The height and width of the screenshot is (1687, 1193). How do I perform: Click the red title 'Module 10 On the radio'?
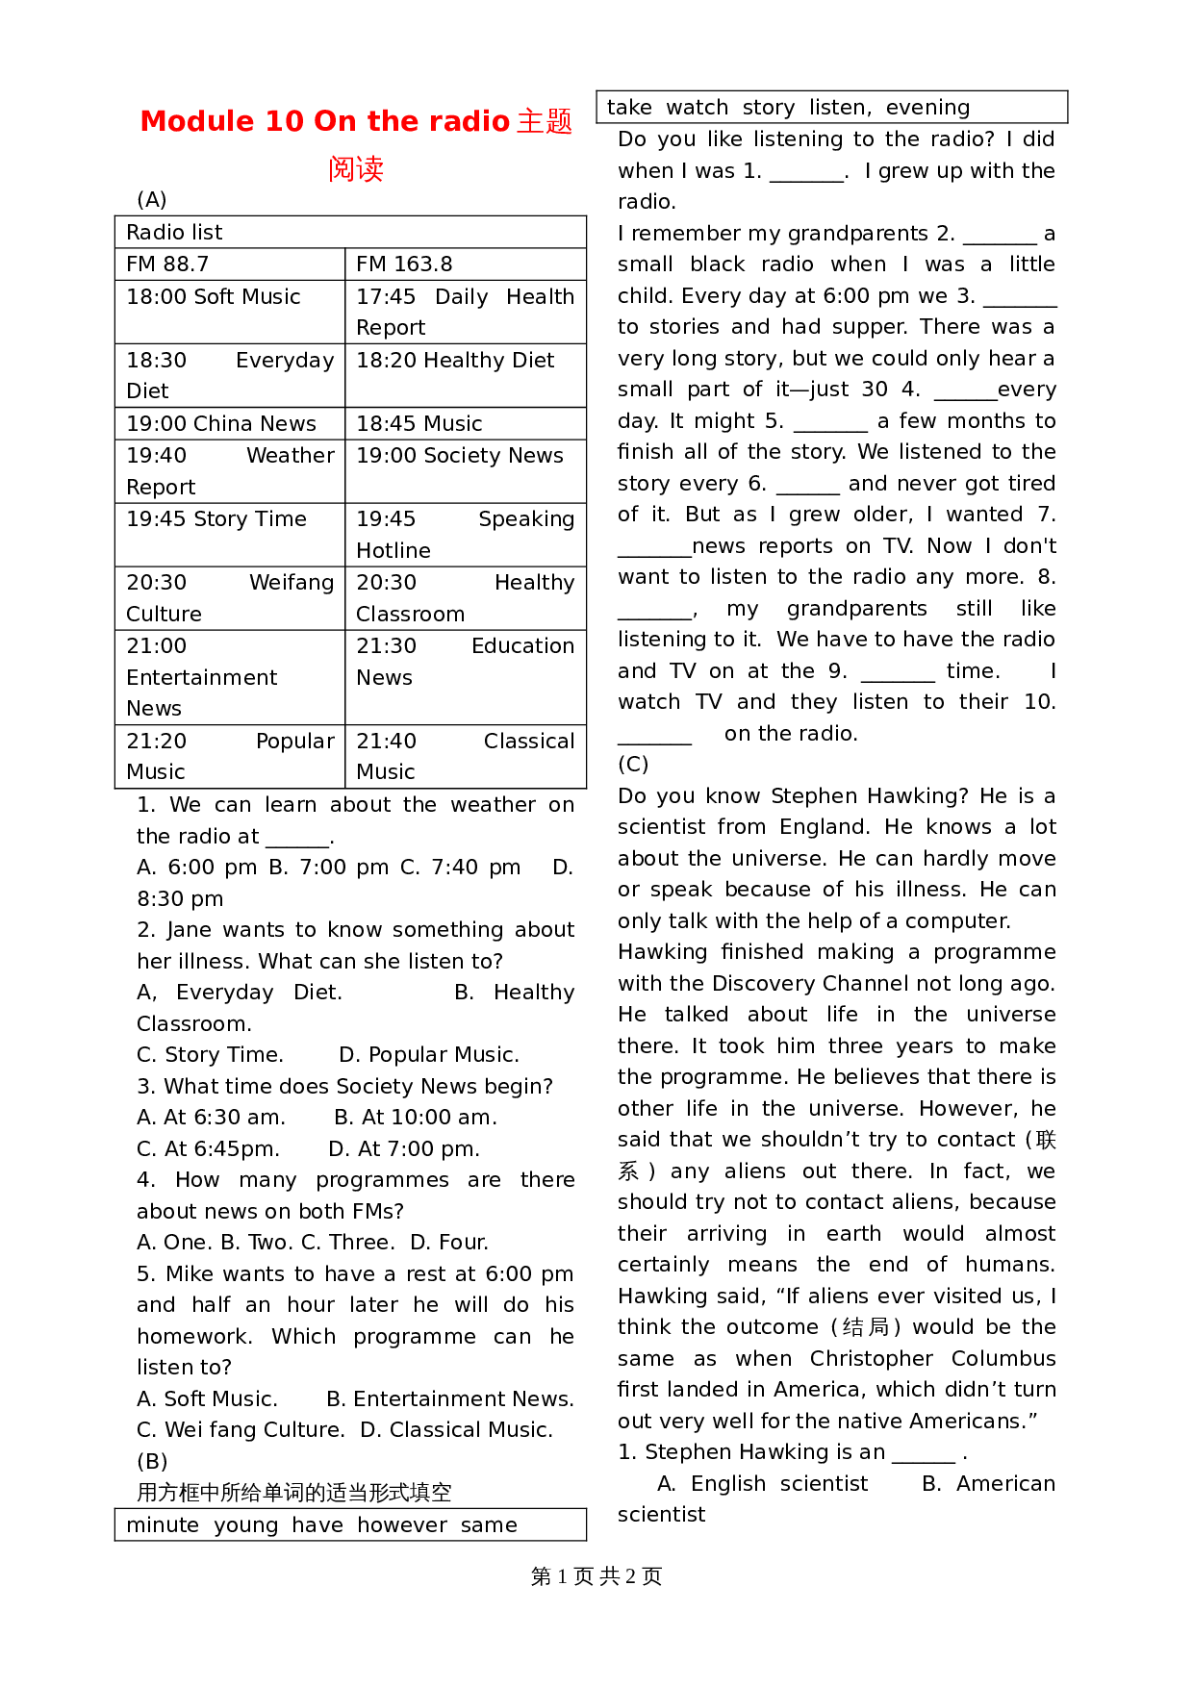click(325, 121)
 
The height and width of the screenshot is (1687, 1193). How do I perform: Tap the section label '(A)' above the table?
click(152, 200)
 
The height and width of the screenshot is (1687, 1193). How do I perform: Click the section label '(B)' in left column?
click(152, 1461)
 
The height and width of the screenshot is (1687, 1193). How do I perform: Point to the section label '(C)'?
click(633, 765)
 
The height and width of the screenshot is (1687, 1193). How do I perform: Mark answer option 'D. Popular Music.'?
click(429, 1055)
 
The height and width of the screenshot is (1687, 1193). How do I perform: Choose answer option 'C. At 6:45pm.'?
click(208, 1149)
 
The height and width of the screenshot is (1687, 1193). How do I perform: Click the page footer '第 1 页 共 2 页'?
click(596, 1576)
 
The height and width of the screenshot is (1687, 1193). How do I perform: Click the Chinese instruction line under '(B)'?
click(293, 1493)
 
